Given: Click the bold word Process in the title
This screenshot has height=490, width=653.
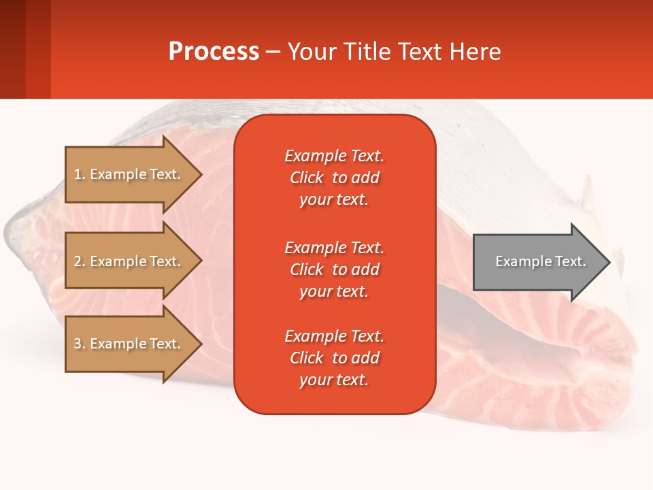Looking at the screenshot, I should pyautogui.click(x=214, y=52).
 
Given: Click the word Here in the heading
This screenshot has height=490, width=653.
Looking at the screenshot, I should pyautogui.click(x=476, y=52).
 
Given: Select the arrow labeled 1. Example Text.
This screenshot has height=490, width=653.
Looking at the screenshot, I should pyautogui.click(x=129, y=174).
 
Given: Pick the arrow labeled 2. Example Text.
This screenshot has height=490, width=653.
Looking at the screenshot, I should pyautogui.click(x=129, y=261).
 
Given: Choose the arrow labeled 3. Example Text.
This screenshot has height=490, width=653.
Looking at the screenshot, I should pyautogui.click(x=129, y=344).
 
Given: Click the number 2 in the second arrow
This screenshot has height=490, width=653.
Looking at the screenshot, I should pyautogui.click(x=78, y=261).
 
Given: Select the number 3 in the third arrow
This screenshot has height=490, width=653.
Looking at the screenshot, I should pyautogui.click(x=78, y=344).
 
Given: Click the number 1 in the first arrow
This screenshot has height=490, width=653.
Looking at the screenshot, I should pyautogui.click(x=78, y=174).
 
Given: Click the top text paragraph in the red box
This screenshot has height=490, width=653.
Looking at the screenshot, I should pyautogui.click(x=334, y=178).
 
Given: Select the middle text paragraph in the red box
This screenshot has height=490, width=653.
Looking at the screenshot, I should pyautogui.click(x=334, y=269).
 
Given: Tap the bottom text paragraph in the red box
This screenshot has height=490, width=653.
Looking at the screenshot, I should pyautogui.click(x=334, y=358).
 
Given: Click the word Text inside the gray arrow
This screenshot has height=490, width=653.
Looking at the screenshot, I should pyautogui.click(x=571, y=261).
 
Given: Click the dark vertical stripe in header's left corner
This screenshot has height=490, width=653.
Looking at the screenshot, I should pyautogui.click(x=12, y=49).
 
